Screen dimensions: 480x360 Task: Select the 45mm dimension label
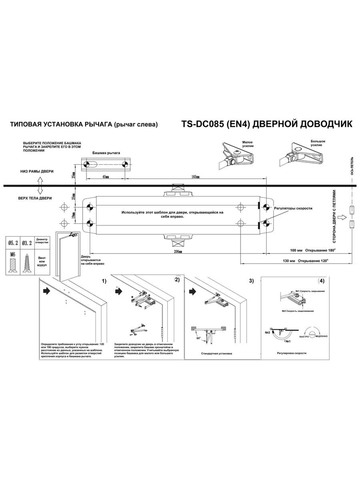[x=105, y=177]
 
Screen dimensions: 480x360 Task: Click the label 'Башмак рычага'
[x=106, y=153]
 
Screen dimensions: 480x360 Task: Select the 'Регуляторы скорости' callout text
[x=293, y=208]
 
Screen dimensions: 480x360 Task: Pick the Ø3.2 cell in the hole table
[x=27, y=243]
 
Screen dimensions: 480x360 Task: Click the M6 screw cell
[x=13, y=254]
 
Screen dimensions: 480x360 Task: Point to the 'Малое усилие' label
[x=248, y=144]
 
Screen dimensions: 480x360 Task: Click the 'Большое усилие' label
[x=318, y=143]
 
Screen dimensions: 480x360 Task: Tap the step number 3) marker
[x=251, y=281]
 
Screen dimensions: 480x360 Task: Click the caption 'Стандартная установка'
[x=216, y=353]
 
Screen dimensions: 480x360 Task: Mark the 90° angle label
[x=198, y=338]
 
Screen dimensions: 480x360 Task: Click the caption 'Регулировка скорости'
[x=292, y=353]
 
